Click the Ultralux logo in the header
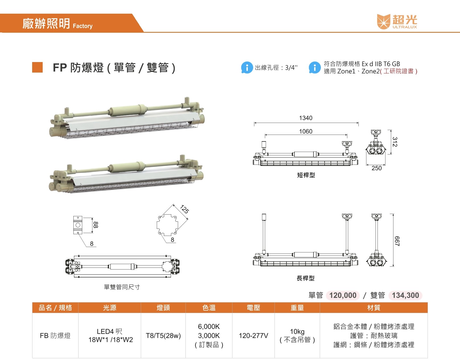click(397, 22)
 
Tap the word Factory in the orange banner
click(82, 26)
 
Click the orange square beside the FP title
click(37, 67)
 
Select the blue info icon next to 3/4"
click(247, 67)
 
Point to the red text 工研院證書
click(398, 71)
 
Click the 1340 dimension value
click(306, 118)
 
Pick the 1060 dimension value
click(306, 131)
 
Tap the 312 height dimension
click(395, 142)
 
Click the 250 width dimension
click(377, 168)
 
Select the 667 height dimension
click(397, 241)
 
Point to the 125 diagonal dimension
click(185, 209)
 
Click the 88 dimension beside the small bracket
click(96, 225)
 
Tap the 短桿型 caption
click(306, 175)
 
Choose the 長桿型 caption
click(306, 278)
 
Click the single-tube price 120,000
click(343, 295)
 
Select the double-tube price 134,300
click(405, 295)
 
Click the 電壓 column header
click(253, 307)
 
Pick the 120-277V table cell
click(253, 336)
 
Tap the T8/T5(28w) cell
click(163, 336)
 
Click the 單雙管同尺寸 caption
click(122, 287)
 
